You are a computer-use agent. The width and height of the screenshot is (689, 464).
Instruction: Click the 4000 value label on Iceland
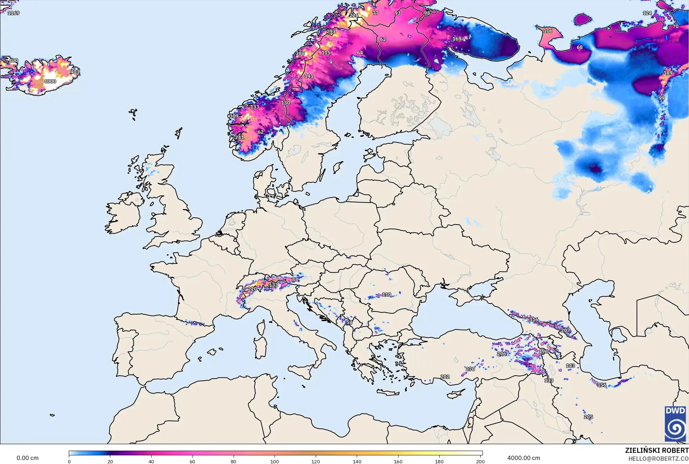click(50, 81)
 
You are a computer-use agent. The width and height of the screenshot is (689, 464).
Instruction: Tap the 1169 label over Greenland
click(13, 13)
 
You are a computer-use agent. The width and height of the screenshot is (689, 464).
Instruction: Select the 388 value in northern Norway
click(300, 53)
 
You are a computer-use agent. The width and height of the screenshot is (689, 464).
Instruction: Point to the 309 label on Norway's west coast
click(234, 116)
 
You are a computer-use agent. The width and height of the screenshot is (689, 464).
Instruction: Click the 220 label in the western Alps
click(252, 289)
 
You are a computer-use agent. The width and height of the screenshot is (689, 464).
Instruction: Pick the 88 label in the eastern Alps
click(295, 279)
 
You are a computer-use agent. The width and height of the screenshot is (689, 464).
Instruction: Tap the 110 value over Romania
click(386, 295)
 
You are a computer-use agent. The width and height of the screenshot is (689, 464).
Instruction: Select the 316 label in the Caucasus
click(534, 320)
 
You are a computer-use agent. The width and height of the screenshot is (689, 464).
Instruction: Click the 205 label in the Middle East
click(588, 417)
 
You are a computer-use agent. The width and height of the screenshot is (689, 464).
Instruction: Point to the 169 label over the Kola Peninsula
click(457, 39)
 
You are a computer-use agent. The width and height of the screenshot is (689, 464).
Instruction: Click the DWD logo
click(675, 424)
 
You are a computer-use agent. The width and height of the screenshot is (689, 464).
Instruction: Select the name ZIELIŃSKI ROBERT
click(657, 450)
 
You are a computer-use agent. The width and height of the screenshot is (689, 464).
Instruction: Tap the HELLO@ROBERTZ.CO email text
click(658, 459)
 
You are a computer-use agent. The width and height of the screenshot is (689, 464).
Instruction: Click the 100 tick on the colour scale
click(275, 461)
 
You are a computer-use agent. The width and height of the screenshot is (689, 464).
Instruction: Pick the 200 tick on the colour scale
click(480, 461)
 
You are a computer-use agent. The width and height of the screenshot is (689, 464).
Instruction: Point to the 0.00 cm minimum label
click(27, 458)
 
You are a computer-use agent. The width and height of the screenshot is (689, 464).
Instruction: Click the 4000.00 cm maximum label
click(524, 458)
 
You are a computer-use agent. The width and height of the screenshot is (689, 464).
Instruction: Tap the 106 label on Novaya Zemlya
click(548, 31)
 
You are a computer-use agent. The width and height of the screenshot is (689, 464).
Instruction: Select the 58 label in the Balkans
click(349, 323)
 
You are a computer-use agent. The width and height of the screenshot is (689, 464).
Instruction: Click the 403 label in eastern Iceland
click(75, 72)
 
